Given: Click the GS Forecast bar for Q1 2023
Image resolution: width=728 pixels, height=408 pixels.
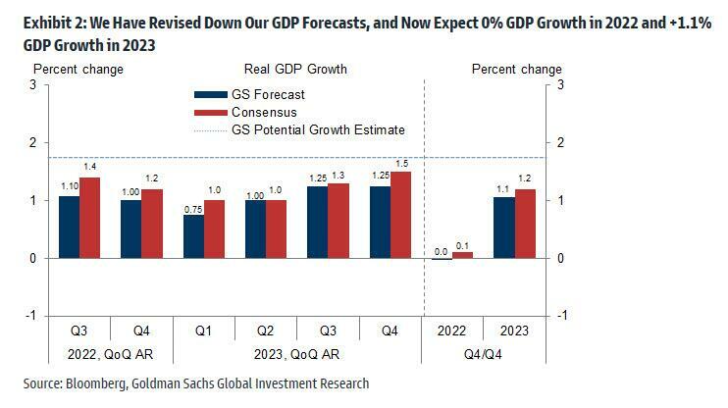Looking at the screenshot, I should [x=194, y=236].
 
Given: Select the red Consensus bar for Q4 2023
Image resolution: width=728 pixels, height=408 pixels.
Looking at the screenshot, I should [x=401, y=215].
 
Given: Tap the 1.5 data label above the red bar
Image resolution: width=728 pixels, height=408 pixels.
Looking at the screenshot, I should [x=402, y=164].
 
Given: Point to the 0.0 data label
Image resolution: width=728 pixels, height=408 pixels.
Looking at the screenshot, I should [x=442, y=251].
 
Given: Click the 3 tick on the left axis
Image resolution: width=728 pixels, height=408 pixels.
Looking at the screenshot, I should [x=17, y=85].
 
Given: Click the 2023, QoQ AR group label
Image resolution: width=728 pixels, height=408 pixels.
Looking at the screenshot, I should [x=299, y=352].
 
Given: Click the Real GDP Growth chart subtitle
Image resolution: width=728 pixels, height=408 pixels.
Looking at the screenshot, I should [x=295, y=70].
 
